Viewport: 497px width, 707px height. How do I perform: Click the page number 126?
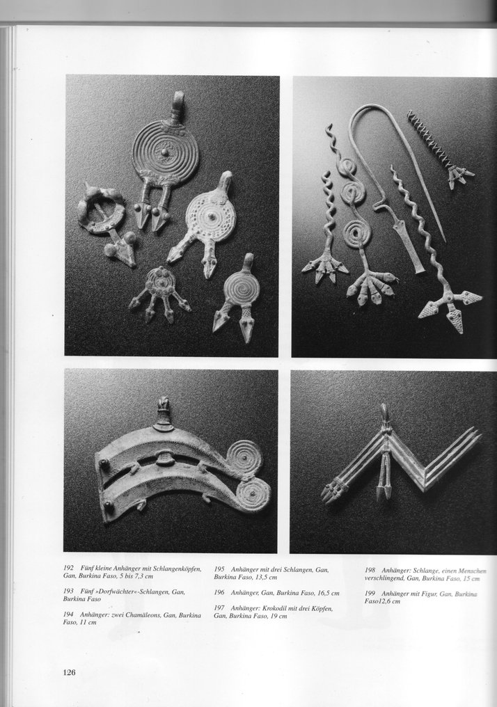(69, 672)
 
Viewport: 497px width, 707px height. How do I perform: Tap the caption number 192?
(70, 569)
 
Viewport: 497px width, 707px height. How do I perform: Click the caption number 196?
(219, 593)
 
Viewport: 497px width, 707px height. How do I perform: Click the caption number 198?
(370, 571)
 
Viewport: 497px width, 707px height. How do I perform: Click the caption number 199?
(370, 593)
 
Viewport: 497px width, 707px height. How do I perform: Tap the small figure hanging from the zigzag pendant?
(384, 473)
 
